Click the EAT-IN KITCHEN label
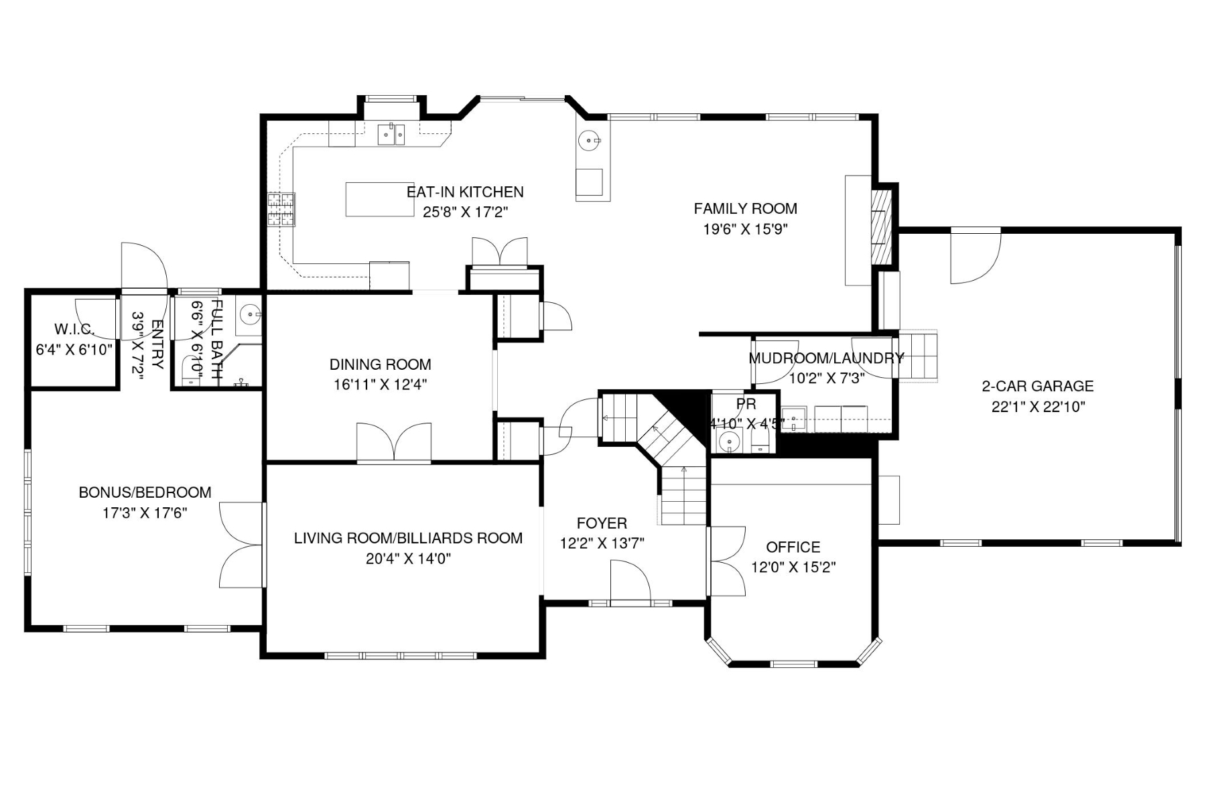[x=465, y=192]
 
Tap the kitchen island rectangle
[x=379, y=199]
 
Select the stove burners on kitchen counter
[x=281, y=209]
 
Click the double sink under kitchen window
[x=391, y=135]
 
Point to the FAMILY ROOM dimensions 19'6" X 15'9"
[x=745, y=229]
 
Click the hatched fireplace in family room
[x=882, y=226]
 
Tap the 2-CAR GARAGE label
[x=1037, y=386]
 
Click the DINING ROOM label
[x=380, y=364]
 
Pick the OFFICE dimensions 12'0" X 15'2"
[x=793, y=567]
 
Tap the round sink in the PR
[x=728, y=442]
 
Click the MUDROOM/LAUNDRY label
[x=825, y=358]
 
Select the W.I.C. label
[x=74, y=329]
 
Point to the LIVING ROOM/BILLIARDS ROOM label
[x=408, y=538]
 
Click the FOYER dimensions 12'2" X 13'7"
[x=602, y=543]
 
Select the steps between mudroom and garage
[x=917, y=356]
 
